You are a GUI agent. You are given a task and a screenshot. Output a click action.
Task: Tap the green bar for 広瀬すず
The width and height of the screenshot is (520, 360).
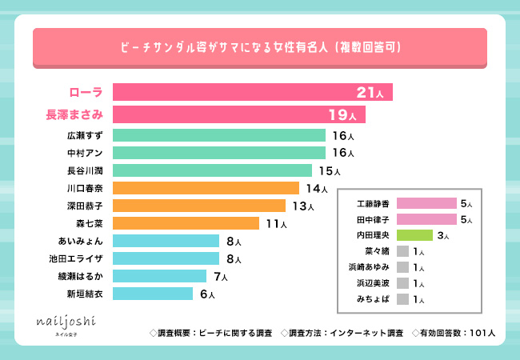pos(219,135)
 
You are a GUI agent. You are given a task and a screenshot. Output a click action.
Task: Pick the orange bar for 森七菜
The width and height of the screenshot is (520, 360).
pos(186,223)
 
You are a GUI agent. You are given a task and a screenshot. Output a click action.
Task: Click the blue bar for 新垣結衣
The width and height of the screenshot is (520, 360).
pos(153,294)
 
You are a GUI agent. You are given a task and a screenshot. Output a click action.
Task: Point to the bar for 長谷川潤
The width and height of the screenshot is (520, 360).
pos(212,170)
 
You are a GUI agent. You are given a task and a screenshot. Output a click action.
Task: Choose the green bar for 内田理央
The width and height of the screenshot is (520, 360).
pos(414,235)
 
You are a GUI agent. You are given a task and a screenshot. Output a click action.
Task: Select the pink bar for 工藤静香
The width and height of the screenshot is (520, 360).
pos(426,203)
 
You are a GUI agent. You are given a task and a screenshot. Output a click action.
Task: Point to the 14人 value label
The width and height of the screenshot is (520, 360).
pos(317,189)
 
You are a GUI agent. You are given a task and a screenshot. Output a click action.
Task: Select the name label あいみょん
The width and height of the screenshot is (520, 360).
pos(80,241)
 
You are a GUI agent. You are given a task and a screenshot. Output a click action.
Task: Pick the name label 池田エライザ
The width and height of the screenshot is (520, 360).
pos(76,258)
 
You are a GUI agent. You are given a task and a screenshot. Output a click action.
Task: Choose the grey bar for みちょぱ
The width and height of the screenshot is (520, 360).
pos(402,299)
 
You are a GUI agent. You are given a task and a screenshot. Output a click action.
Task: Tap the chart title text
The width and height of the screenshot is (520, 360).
pos(260,47)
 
